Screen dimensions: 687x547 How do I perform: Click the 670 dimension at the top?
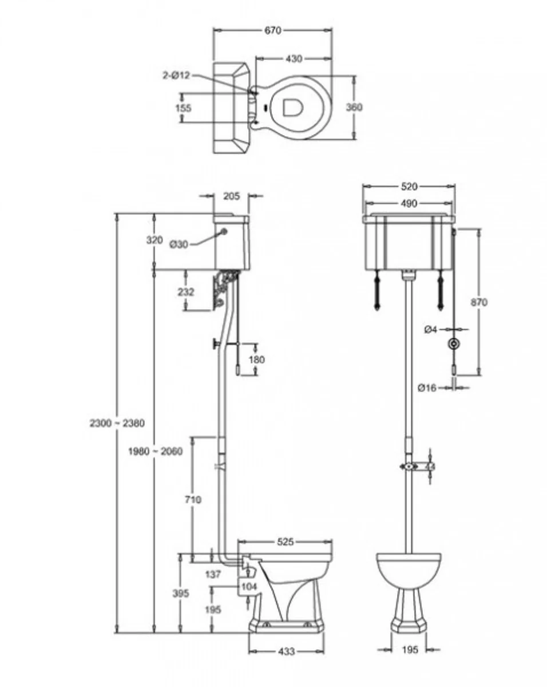tap(273, 30)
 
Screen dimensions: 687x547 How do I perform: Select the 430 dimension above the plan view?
tap(294, 58)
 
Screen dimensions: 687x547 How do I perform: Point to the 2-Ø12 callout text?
tap(175, 75)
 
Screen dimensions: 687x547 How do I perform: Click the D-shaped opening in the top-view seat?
tap(292, 107)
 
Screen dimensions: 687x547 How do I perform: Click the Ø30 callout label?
tap(179, 244)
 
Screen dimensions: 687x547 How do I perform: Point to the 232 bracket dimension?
tap(186, 292)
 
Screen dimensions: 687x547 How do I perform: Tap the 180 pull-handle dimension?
tap(256, 360)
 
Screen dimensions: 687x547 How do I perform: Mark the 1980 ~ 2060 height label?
tap(155, 451)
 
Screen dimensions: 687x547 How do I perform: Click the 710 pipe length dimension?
tap(193, 499)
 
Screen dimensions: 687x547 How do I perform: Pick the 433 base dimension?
tap(286, 651)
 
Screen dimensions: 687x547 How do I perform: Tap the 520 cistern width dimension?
tap(409, 187)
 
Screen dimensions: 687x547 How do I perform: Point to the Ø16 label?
tap(427, 388)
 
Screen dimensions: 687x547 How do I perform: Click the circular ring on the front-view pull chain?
tap(454, 345)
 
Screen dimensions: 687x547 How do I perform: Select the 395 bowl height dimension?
tap(180, 594)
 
